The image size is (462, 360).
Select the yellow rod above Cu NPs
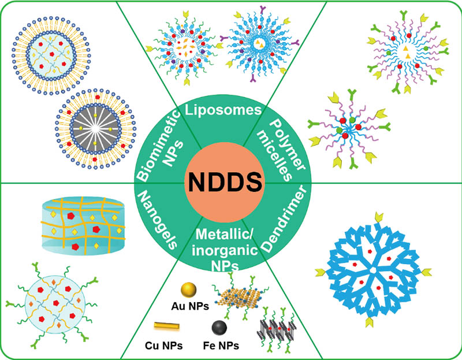(x=167, y=328)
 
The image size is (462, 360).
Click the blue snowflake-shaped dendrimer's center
(x=374, y=269)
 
